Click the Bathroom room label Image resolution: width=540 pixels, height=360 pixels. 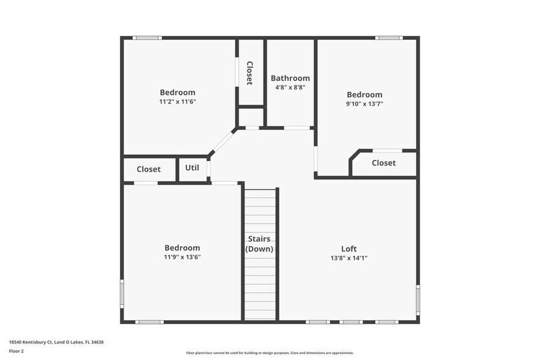(290, 78)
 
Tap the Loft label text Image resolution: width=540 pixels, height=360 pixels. (349, 249)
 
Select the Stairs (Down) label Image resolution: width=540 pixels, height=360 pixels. (260, 244)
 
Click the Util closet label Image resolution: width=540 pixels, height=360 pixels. (192, 168)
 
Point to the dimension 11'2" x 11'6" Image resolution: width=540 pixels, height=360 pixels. (178, 102)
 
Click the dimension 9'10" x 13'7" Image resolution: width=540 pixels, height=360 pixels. (364, 104)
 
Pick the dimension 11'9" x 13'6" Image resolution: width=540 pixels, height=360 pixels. (182, 257)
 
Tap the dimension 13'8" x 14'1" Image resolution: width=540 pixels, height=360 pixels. (349, 258)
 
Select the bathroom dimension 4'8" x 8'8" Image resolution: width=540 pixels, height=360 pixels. (290, 88)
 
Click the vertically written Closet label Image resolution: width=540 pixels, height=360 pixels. (250, 73)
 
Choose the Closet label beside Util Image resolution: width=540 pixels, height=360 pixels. (149, 170)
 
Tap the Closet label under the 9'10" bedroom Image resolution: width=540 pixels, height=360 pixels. (384, 163)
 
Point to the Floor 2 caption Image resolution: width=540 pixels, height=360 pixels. (17, 351)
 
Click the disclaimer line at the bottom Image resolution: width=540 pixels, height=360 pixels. (269, 353)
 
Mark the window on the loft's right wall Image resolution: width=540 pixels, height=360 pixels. (418, 299)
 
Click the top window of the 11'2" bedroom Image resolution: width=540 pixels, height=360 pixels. (147, 38)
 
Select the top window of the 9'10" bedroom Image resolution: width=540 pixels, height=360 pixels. (388, 38)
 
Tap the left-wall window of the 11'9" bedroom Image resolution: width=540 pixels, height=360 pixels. (122, 294)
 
